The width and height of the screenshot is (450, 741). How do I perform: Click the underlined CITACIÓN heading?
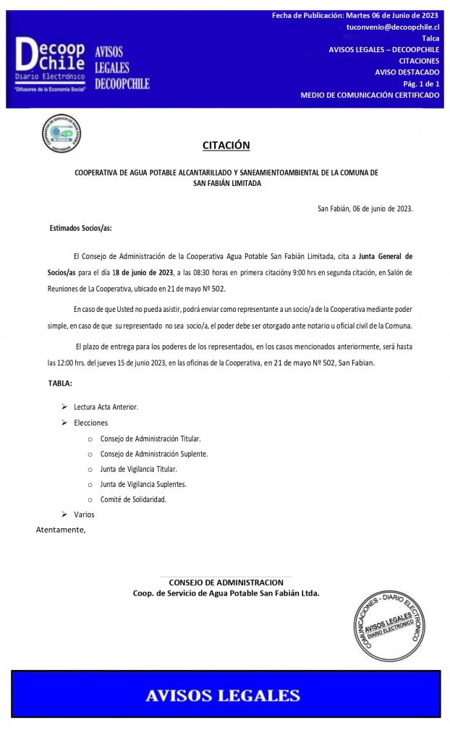226,145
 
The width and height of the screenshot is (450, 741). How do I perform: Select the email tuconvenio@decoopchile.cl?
393,26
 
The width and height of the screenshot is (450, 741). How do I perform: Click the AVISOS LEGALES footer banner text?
223,696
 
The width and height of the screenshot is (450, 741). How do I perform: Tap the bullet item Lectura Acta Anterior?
106,407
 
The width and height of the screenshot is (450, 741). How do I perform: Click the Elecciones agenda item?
90,423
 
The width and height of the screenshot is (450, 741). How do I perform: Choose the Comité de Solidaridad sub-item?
133,499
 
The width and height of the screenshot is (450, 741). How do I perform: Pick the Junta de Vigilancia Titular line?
138,469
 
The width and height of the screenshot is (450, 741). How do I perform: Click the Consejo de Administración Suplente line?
154,454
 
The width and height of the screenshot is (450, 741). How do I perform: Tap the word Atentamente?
61,530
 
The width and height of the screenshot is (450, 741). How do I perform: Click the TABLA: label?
60,382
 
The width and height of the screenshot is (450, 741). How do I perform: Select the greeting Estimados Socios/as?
81,228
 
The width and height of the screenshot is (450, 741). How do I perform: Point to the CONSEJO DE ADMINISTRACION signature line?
226,583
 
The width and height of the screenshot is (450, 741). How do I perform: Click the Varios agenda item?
84,515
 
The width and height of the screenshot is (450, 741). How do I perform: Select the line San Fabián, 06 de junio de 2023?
365,208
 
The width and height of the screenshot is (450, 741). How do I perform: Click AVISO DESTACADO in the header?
407,72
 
